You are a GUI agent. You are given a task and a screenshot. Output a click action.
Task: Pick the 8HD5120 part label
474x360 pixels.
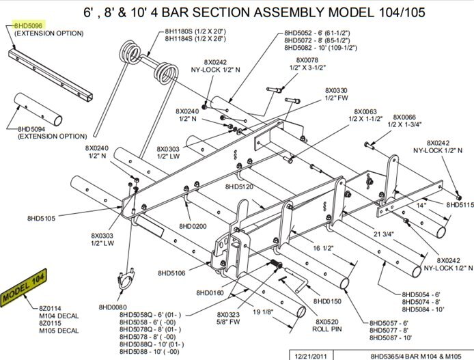[239, 186]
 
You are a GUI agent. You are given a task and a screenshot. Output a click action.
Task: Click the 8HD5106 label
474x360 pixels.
[172, 273]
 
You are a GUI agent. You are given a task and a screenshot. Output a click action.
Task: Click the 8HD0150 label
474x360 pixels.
[328, 301]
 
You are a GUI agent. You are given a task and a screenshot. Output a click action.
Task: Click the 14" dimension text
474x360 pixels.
[421, 204]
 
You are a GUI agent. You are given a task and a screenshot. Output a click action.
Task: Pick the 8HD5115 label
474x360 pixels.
[460, 205]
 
